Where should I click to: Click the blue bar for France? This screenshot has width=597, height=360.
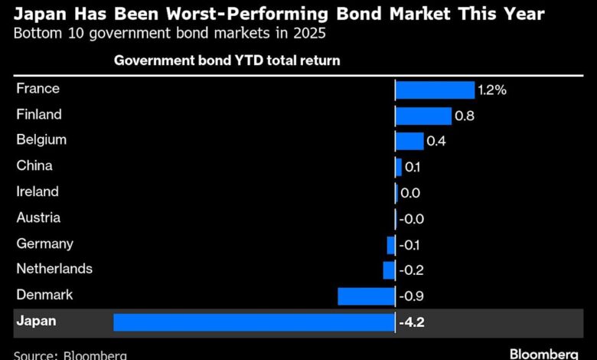click(435, 90)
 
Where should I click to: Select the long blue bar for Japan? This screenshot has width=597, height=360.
click(253, 322)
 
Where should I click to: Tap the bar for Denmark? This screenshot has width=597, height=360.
click(366, 296)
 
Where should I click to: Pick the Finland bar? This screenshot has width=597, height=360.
click(423, 116)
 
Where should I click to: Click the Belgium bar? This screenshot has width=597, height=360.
click(409, 141)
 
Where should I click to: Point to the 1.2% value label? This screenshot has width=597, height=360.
click(492, 90)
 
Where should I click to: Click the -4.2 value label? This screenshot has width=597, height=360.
click(412, 322)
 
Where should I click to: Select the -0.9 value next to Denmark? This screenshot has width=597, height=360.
click(411, 296)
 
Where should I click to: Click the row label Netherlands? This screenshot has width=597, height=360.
click(54, 269)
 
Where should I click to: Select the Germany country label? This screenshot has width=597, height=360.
click(45, 244)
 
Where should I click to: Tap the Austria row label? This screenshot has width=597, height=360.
click(38, 218)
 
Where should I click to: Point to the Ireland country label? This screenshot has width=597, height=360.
click(38, 191)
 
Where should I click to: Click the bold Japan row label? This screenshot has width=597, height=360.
click(36, 322)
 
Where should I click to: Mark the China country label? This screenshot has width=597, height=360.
click(34, 166)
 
